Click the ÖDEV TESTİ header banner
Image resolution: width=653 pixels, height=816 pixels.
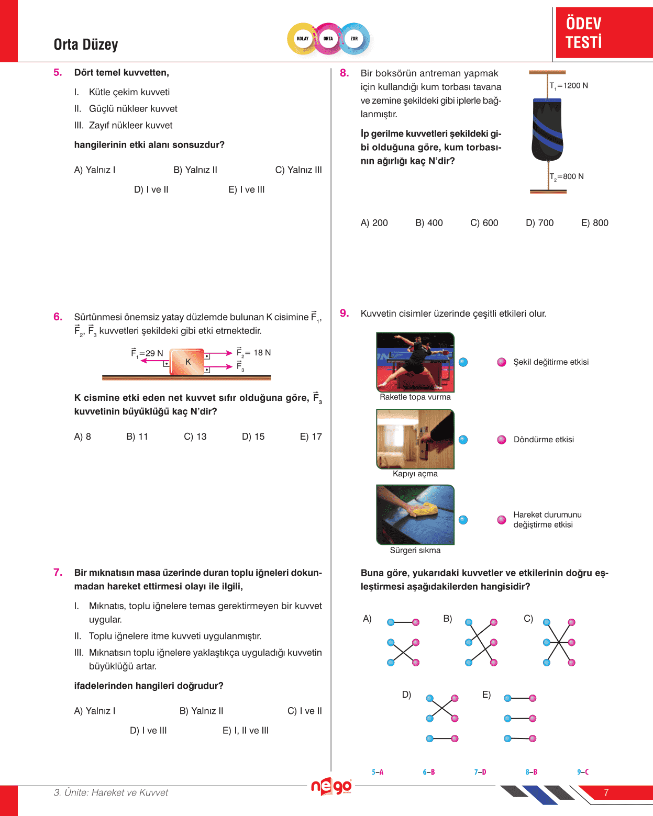click(x=603, y=32)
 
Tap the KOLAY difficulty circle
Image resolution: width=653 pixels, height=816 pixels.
click(x=303, y=39)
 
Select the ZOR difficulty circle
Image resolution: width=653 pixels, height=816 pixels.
click(x=354, y=39)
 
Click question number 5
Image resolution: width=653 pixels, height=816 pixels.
click(x=58, y=73)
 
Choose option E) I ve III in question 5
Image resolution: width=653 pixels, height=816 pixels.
click(x=246, y=189)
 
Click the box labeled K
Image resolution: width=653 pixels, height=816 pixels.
click(x=187, y=362)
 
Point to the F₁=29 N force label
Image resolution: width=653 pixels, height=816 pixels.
click(x=147, y=353)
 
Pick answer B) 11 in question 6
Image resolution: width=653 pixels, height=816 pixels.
click(x=137, y=437)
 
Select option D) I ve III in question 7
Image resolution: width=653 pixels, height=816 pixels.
click(x=148, y=730)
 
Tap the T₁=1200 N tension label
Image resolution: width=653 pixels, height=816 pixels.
click(x=569, y=86)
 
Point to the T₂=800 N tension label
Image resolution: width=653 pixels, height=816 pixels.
click(x=567, y=177)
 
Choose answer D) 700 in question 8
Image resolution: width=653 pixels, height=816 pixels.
click(x=539, y=223)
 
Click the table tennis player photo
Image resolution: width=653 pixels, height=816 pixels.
click(x=415, y=362)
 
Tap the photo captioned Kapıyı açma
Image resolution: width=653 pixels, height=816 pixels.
click(x=415, y=439)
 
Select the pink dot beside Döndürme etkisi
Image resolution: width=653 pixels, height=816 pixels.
click(x=502, y=440)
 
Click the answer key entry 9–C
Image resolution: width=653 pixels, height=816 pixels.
click(x=583, y=772)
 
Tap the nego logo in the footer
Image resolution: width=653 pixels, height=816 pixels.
click(x=331, y=786)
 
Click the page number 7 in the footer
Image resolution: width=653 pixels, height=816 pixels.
click(x=606, y=792)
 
